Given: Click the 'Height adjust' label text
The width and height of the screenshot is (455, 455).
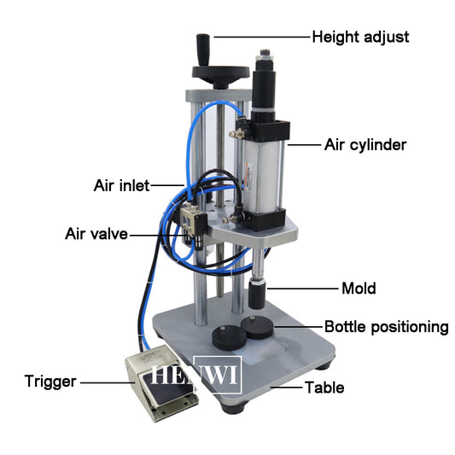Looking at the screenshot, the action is point(360,38).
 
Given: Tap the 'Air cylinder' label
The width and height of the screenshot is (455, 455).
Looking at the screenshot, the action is point(365,145).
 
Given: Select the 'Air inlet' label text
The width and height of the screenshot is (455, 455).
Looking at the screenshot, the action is point(121,185).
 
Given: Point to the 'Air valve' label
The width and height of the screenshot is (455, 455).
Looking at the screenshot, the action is point(96,234).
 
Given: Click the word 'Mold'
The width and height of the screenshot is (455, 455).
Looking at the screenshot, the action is point(359,289).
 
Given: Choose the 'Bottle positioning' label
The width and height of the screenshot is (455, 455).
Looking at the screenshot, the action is point(387,327).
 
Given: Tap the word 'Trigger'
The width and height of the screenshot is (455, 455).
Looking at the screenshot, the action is point(50,382).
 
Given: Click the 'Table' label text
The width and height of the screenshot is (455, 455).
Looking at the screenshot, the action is point(324,388).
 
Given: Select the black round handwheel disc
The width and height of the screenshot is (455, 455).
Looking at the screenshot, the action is point(220,72).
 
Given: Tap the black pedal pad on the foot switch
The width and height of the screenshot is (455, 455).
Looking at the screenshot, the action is point(166,389).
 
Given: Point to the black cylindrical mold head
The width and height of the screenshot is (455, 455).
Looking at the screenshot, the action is point(257,295).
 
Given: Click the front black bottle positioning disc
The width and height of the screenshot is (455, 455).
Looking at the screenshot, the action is point(230,338).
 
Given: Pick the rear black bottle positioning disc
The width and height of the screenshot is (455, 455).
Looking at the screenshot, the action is point(257,327).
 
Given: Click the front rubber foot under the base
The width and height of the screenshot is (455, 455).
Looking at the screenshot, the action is point(235,405).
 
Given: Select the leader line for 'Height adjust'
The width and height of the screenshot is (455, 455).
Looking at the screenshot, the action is point(262,37).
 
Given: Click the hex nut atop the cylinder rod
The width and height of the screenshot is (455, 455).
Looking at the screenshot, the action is point(265,58).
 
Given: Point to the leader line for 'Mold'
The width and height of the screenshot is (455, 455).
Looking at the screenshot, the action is point(303,289).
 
